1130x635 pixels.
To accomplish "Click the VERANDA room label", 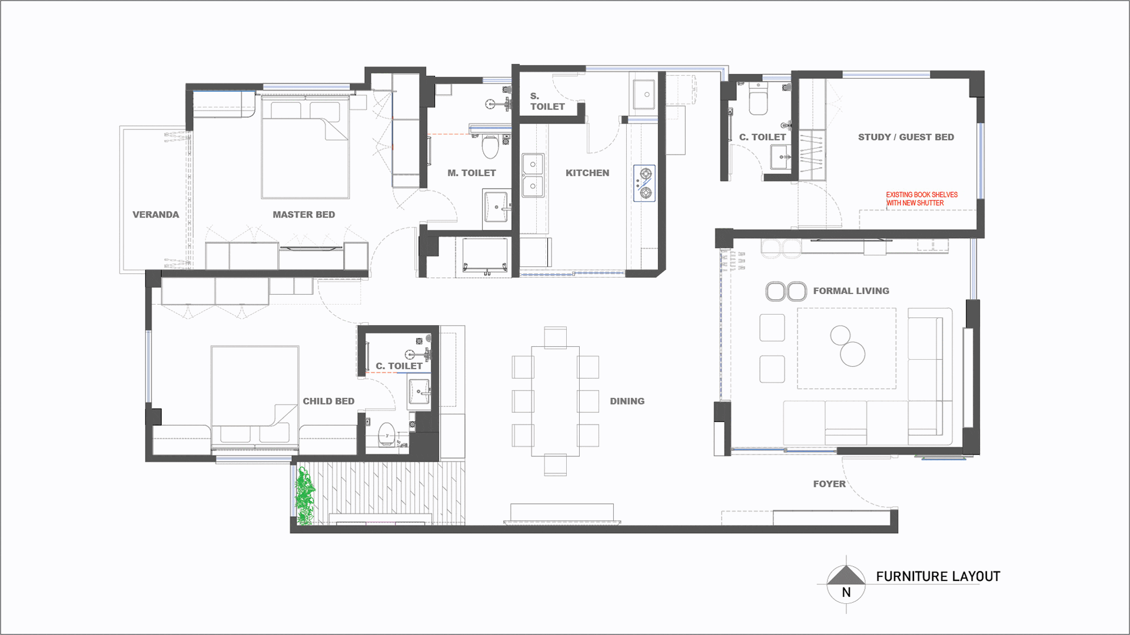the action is point(155,215).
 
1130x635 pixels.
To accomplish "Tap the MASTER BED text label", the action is point(304,215).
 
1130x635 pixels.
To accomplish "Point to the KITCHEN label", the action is point(587,173).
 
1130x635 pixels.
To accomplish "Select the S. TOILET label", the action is point(547,101).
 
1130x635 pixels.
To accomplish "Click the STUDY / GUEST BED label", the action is point(906,137).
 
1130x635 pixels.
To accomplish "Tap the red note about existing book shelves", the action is point(922,199).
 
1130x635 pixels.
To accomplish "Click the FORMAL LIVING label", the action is point(851,290).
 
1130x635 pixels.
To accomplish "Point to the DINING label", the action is point(627,401).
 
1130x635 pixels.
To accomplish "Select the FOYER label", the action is point(829,484).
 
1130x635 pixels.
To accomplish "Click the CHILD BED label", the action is point(328,401).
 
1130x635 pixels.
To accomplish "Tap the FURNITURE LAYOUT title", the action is point(938,576).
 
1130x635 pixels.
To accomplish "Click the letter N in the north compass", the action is point(846,593).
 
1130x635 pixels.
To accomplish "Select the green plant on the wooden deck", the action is point(304,495).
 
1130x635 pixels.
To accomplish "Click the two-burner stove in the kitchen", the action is point(644,183).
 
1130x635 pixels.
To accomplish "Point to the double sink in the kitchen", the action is point(533,175).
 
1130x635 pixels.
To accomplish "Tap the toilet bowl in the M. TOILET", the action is point(490,146).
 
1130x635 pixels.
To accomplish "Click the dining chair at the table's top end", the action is point(555,337).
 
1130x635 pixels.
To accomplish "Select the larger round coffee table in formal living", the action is point(852,354).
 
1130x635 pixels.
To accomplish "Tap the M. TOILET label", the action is point(471,173).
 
